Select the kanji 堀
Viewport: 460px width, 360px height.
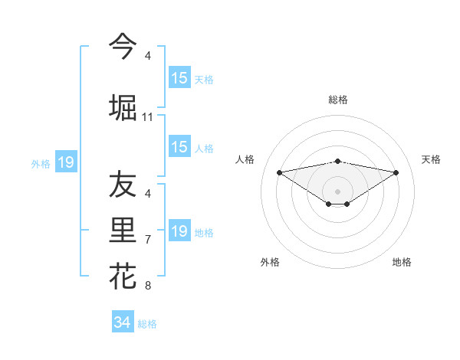pyautogui.click(x=123, y=107)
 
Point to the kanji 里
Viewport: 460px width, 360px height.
pyautogui.click(x=123, y=231)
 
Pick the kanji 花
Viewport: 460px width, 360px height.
pyautogui.click(x=123, y=276)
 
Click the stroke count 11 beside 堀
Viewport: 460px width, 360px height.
pyautogui.click(x=148, y=117)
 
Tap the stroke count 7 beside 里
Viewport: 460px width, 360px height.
pyautogui.click(x=148, y=240)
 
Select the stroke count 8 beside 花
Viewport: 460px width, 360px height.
pyautogui.click(x=148, y=286)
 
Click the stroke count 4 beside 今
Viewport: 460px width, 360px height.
pyautogui.click(x=148, y=56)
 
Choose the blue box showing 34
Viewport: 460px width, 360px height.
pyautogui.click(x=123, y=322)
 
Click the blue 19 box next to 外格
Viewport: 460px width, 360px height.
pyautogui.click(x=65, y=162)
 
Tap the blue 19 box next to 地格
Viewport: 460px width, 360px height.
pyautogui.click(x=179, y=231)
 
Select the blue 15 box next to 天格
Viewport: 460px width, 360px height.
pyautogui.click(x=179, y=78)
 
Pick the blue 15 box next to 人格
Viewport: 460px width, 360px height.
pyautogui.click(x=179, y=148)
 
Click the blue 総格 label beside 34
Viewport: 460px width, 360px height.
pyautogui.click(x=147, y=324)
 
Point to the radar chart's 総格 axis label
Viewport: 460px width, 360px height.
pyautogui.click(x=338, y=100)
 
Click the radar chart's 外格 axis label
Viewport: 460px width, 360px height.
pyautogui.click(x=270, y=262)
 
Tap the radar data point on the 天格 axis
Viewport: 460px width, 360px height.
pyautogui.click(x=396, y=172)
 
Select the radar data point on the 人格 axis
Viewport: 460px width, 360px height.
pyautogui.click(x=279, y=172)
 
